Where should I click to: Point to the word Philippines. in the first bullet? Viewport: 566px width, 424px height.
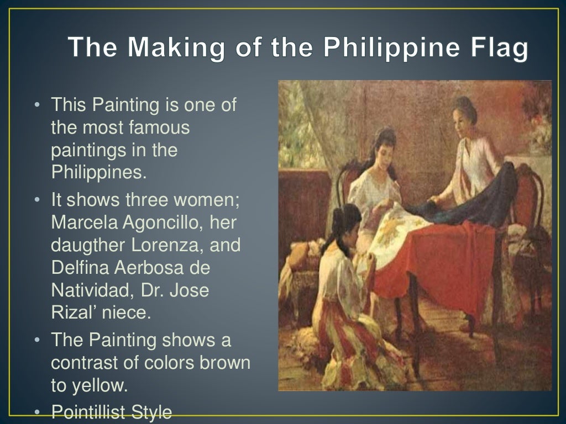point(99,172)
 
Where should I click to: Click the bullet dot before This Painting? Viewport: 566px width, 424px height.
point(36,105)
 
